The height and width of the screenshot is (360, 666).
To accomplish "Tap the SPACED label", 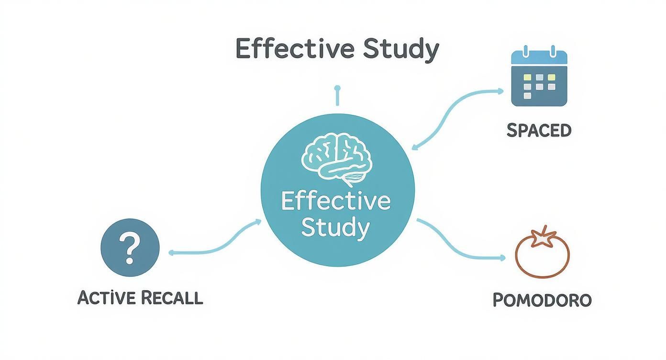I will pyautogui.click(x=539, y=130).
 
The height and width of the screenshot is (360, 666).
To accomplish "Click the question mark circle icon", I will pyautogui.click(x=130, y=247).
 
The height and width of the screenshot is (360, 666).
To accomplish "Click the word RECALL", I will pyautogui.click(x=172, y=298).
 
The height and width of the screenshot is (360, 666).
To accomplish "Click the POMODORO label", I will pyautogui.click(x=542, y=300).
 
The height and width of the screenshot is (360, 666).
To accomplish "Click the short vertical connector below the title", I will pyautogui.click(x=337, y=95).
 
